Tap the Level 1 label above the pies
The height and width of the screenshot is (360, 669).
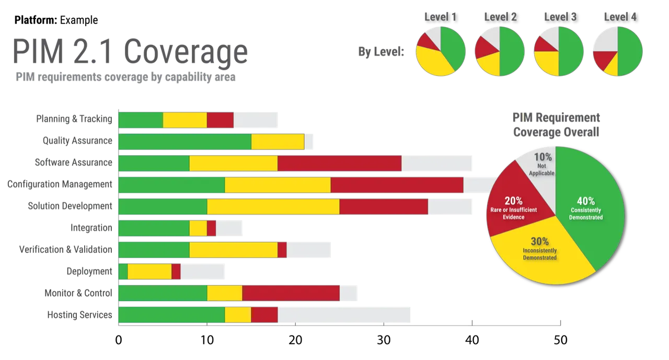pyautogui.click(x=440, y=16)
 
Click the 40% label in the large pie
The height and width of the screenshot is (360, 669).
pyautogui.click(x=586, y=201)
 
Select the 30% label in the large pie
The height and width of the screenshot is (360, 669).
pyautogui.click(x=540, y=241)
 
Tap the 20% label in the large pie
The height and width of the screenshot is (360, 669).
pyautogui.click(x=513, y=201)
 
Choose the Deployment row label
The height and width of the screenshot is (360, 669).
pyautogui.click(x=89, y=271)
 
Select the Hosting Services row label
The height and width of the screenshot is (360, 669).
pyautogui.click(x=79, y=315)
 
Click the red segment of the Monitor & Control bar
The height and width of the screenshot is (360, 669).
pyautogui.click(x=291, y=293)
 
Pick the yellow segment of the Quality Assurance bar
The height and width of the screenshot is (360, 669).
pyautogui.click(x=278, y=142)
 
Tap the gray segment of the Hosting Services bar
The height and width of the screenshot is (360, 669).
pyautogui.click(x=345, y=315)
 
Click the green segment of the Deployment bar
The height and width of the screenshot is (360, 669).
pyautogui.click(x=123, y=271)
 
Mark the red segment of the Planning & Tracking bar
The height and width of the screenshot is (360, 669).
pyautogui.click(x=220, y=120)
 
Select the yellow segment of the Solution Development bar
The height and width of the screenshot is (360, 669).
pyautogui.click(x=273, y=206)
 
